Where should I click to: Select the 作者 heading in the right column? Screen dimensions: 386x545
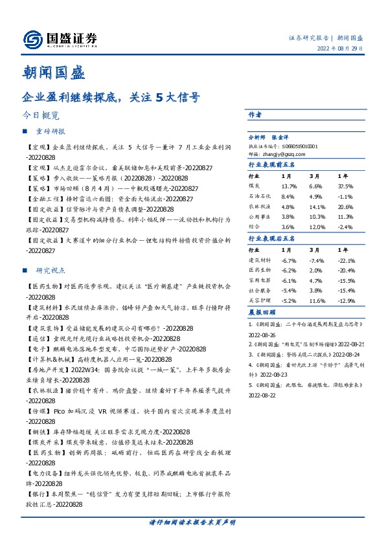coord(255,115)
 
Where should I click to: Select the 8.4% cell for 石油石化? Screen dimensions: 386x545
coord(288,197)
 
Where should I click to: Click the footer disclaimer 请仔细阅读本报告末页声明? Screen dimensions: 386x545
coord(192,522)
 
